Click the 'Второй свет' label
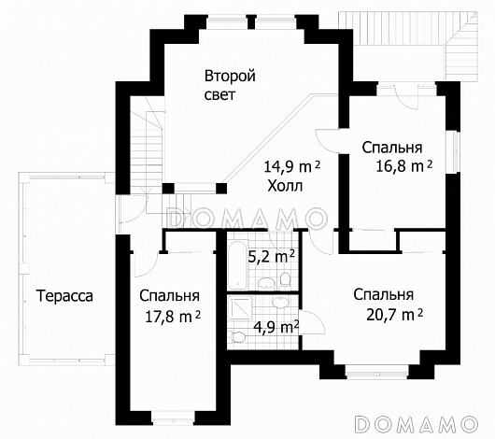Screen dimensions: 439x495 coord(230,85)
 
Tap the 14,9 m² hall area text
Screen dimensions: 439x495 coord(291,167)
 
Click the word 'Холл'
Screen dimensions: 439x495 coord(285,186)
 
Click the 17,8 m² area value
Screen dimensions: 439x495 coord(171,316)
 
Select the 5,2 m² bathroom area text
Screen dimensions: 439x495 coord(272,254)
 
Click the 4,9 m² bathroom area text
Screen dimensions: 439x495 coord(276,326)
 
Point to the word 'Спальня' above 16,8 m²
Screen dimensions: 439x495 coord(392,148)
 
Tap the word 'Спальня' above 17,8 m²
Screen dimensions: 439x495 coord(170,296)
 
